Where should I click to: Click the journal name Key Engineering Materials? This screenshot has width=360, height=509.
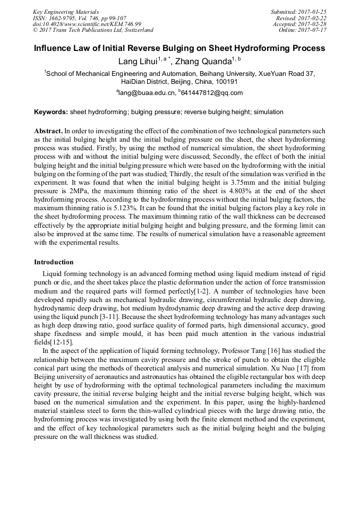click(66, 12)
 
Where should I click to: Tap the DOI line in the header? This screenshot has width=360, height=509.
click(87, 24)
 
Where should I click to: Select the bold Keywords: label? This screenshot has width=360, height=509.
click(51, 112)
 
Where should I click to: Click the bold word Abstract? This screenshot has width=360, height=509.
click(48, 131)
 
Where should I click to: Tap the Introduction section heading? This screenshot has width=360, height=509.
click(54, 262)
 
